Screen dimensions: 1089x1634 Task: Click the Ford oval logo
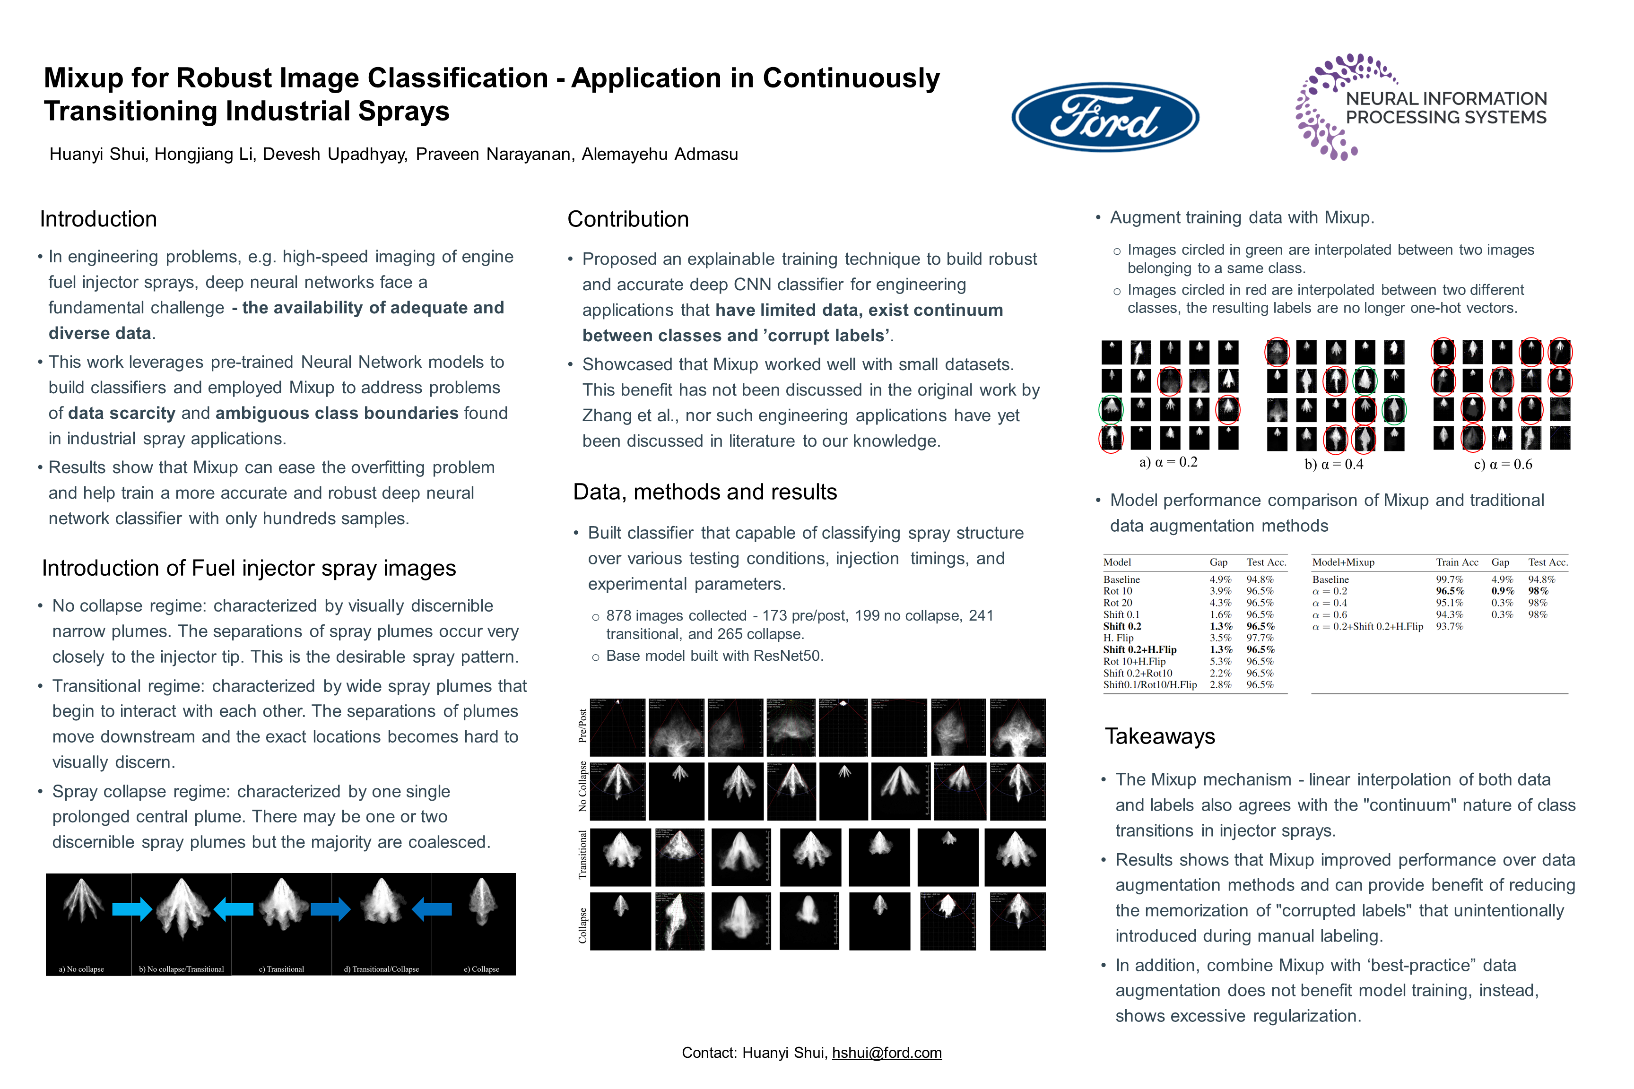[1104, 117]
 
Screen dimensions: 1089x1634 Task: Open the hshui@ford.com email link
[887, 1053]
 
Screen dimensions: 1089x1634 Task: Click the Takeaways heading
[1159, 736]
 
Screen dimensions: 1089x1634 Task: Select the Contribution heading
[628, 219]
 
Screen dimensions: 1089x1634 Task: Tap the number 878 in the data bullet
[618, 616]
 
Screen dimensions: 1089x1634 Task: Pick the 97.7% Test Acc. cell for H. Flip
[1260, 638]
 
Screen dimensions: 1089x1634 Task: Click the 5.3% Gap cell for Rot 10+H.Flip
[1220, 662]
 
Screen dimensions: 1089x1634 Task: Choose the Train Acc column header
[1457, 562]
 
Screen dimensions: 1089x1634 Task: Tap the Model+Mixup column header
[1343, 562]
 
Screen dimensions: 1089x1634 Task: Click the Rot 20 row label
[1117, 603]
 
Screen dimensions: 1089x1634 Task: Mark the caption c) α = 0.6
[1503, 465]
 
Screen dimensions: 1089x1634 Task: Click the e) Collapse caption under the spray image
[481, 969]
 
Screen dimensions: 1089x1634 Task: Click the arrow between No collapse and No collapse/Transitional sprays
[131, 908]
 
